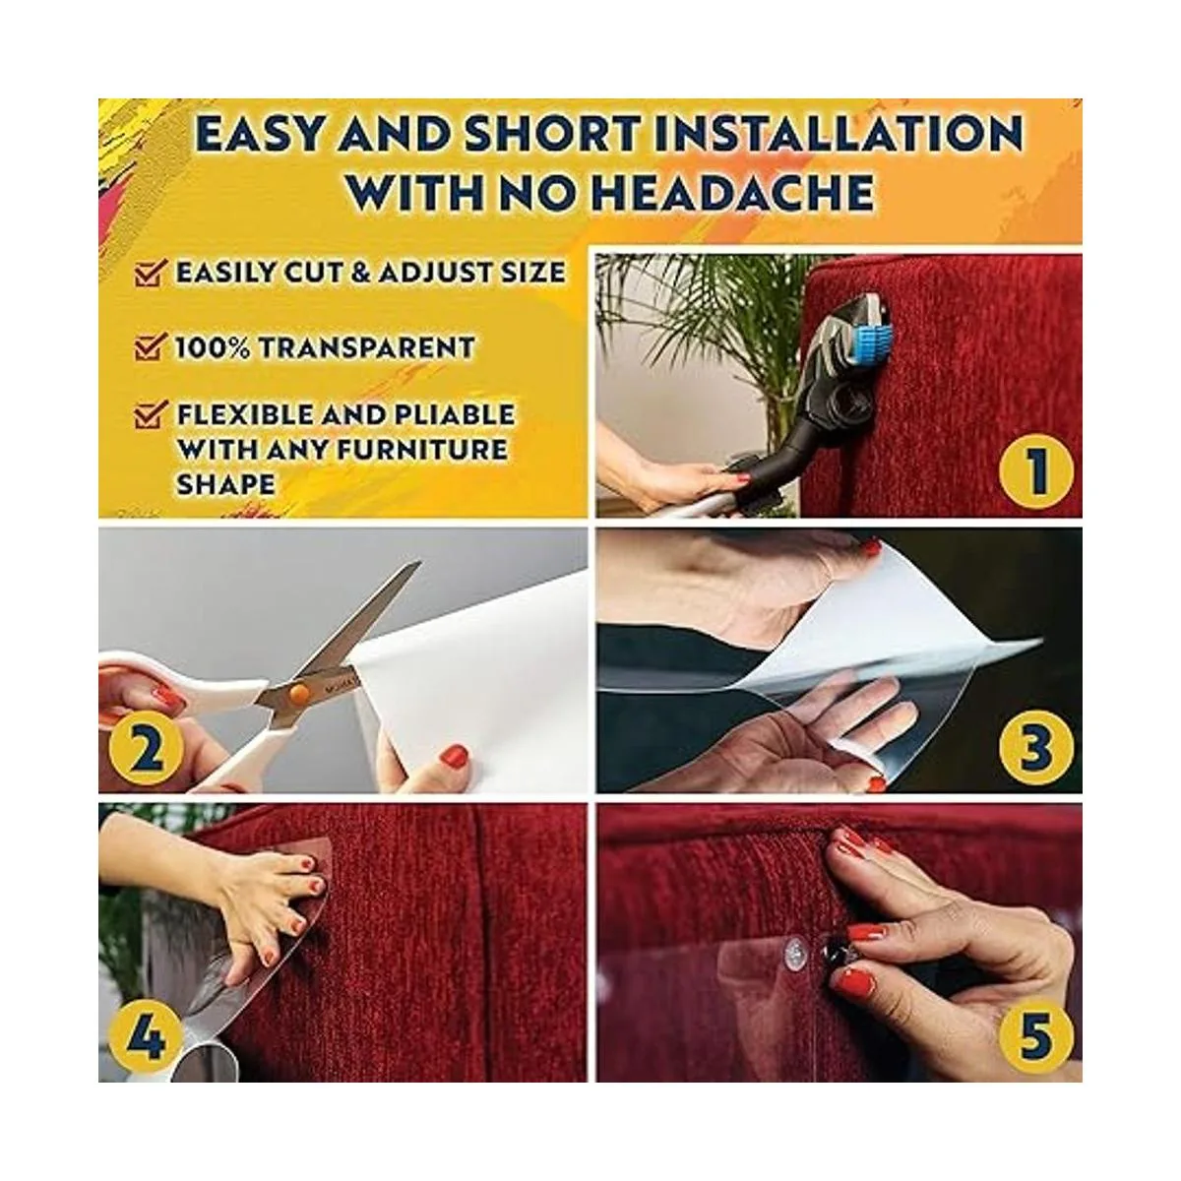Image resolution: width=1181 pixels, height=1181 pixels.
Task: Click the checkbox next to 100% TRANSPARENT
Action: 150,346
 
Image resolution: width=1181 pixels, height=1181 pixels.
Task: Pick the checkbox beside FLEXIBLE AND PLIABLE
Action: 150,415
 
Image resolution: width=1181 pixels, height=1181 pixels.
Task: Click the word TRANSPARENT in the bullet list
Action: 366,347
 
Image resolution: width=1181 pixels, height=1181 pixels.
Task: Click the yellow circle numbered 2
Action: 145,751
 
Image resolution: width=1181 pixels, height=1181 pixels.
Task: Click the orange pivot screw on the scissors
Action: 299,693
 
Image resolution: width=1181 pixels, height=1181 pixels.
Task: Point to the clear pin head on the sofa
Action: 795,951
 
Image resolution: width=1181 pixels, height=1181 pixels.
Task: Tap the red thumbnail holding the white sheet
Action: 454,756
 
